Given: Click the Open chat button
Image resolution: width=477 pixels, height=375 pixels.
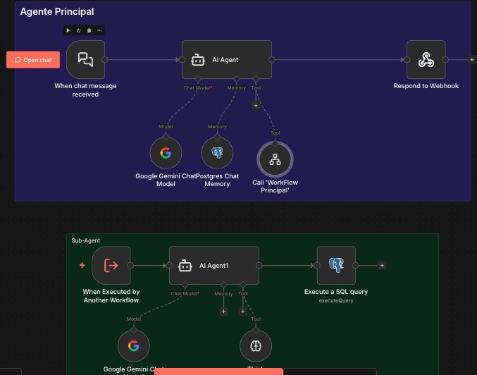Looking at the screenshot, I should point(33,60).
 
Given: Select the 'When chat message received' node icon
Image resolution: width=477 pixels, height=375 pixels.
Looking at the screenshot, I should point(85,60).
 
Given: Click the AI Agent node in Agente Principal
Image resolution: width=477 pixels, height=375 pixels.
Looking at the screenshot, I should point(226,60).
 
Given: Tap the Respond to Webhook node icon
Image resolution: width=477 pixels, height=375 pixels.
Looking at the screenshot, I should point(426,60).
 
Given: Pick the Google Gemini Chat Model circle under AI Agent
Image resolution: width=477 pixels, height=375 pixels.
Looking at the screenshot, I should point(166,153).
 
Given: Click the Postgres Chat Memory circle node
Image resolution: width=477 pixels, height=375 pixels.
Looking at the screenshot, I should point(217,153).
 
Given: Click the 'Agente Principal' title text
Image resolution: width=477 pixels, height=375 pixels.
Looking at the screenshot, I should point(57,12).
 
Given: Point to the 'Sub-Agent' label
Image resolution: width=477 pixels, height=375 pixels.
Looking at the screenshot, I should point(86,240).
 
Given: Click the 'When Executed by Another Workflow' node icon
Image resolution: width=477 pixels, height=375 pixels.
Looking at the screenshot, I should point(111,266).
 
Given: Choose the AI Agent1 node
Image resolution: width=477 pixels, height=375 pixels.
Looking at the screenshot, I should point(213,266).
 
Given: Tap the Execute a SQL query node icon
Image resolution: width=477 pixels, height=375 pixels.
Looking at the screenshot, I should point(336,266).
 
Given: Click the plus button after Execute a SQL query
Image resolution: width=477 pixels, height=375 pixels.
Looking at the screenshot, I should point(382,266).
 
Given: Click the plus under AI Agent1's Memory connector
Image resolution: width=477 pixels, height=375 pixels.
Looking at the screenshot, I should point(224,311).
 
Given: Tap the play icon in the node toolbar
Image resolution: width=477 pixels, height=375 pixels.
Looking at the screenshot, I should point(68,30).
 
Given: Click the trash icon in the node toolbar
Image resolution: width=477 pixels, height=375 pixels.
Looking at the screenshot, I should point(89,30).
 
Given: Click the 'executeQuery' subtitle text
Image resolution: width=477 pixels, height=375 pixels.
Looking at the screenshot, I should point(336,300).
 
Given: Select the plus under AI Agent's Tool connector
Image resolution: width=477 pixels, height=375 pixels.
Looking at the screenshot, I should point(256,105).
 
